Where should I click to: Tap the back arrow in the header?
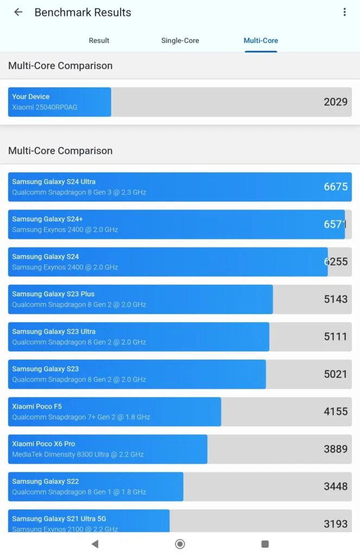click(x=18, y=12)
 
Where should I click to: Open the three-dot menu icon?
click(x=344, y=12)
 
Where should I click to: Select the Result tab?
click(x=99, y=41)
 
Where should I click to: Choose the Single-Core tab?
click(x=180, y=41)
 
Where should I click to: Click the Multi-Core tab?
click(x=261, y=41)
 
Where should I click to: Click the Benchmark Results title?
click(x=83, y=12)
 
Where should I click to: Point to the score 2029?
click(x=336, y=102)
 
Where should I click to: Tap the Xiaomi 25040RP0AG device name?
click(x=45, y=107)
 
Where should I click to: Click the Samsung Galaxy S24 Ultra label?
click(x=54, y=182)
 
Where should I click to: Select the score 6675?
click(x=336, y=187)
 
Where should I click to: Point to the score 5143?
click(x=336, y=299)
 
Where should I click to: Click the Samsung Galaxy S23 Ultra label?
click(x=54, y=332)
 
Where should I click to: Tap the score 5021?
click(x=336, y=374)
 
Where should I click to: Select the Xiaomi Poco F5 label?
click(x=37, y=407)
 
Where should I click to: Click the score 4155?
click(x=336, y=412)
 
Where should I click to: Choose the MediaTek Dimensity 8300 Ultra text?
click(x=78, y=454)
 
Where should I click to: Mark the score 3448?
click(x=336, y=486)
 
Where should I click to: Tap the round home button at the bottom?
click(x=180, y=544)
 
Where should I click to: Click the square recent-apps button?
click(x=265, y=544)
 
